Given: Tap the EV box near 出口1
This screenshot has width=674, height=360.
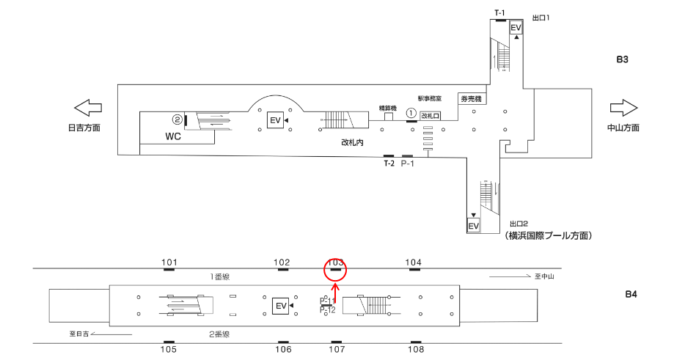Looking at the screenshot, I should coord(516,28).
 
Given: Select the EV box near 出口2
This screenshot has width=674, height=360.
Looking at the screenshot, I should coord(474,225).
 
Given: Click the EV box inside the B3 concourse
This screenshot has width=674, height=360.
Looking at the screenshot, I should coord(275,120).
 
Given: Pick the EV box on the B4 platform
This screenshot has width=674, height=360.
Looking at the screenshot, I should coord(280,305).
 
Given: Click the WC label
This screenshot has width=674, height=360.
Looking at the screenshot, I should coord(173,136).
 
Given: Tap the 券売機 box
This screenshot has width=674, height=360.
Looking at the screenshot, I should coord(470,99).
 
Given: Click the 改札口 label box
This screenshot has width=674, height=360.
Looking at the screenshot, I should coord(430,115).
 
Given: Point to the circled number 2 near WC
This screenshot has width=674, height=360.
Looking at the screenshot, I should coord(177,119).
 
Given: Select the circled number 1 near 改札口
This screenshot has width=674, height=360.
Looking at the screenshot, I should coord(411,113).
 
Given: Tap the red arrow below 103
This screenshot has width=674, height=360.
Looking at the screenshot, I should coord(336,293).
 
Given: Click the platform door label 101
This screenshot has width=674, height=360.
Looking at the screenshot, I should coord(169,262).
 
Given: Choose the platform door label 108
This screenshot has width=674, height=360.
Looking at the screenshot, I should coord(415,350).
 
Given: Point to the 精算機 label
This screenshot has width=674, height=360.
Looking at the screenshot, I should coord(388,108).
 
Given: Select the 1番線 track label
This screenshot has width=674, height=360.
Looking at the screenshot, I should coord(221,276).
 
